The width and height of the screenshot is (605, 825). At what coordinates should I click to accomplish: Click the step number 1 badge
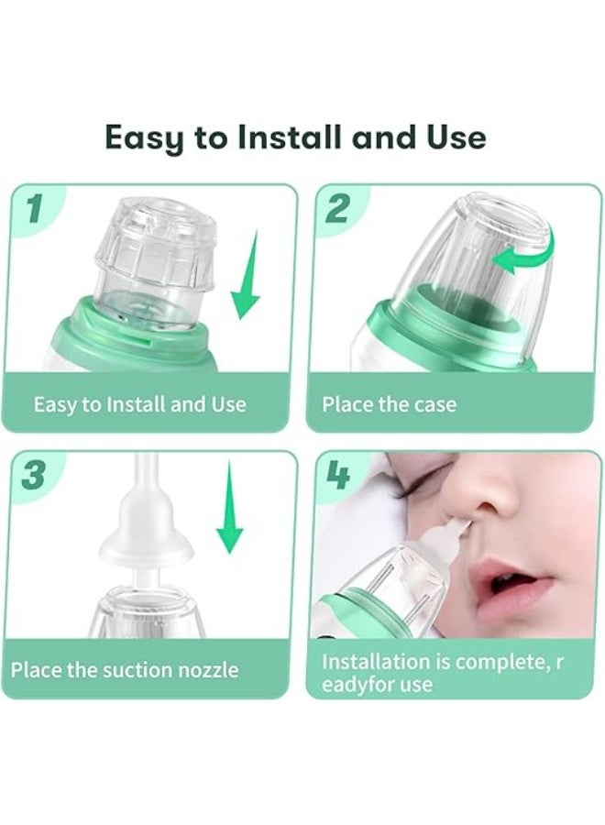(34, 208)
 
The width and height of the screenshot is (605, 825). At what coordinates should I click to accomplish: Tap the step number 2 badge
(336, 208)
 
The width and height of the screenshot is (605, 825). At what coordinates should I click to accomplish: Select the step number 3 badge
(34, 474)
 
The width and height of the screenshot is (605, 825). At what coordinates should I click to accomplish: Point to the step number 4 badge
(337, 475)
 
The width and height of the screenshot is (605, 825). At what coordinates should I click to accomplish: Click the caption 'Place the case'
(390, 404)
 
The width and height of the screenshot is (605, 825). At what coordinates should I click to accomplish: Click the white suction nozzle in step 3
(146, 526)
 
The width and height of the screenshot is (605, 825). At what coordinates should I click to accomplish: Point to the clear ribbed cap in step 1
(156, 244)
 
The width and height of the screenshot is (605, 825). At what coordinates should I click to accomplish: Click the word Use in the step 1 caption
(229, 404)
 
